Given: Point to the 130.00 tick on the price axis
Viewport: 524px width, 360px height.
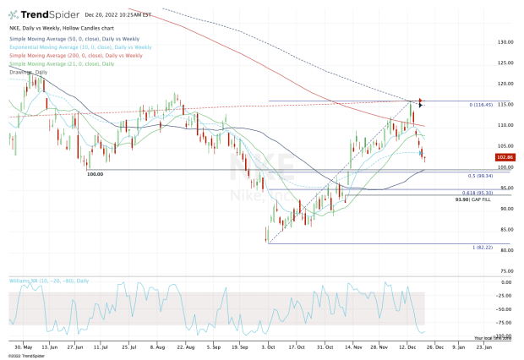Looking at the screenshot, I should (506, 42).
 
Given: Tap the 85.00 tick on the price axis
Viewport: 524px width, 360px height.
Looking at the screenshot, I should (505, 230).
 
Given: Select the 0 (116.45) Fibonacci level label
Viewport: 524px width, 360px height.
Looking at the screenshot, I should (482, 101).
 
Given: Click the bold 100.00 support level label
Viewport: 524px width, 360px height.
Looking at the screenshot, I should (95, 174).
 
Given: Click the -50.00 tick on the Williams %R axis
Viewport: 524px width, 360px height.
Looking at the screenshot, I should (506, 308).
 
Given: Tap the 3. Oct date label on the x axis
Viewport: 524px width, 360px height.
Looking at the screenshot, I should (268, 346).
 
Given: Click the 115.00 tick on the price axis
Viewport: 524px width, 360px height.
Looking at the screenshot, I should (506, 105).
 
